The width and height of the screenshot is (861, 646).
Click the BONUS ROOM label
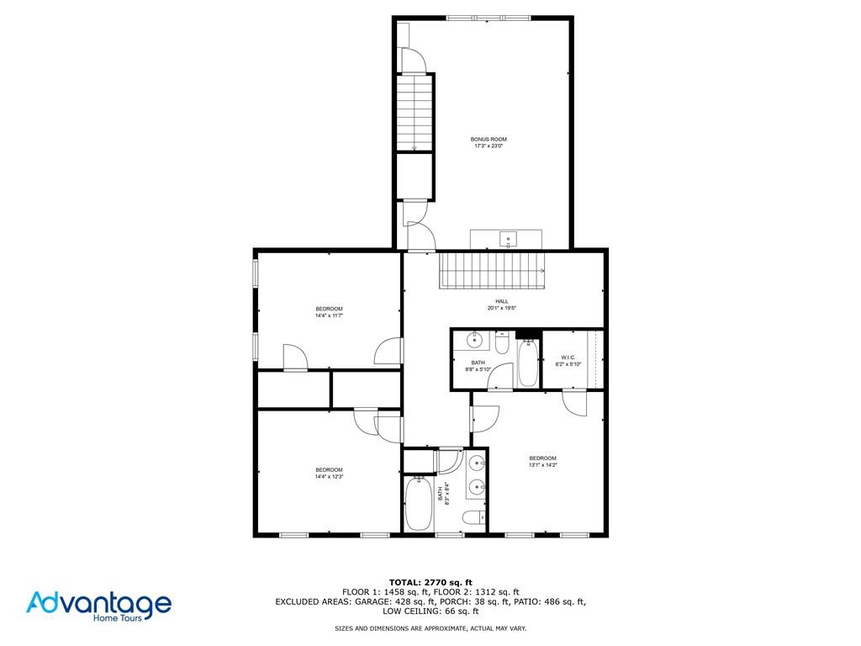[489, 139]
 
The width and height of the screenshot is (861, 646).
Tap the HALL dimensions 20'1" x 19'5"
[501, 308]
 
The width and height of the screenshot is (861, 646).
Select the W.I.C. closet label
[568, 357]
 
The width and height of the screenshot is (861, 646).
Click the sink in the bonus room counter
[509, 238]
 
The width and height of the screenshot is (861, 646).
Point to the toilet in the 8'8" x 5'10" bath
[502, 343]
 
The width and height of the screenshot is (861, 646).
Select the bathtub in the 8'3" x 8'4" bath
[418, 504]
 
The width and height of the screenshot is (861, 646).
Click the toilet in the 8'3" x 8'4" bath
[474, 517]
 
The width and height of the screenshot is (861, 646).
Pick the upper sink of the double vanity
[477, 462]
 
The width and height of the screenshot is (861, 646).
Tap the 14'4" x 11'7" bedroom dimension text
[329, 316]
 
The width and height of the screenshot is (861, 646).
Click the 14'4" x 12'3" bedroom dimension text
[329, 477]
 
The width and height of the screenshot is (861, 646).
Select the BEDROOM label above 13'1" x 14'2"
[542, 458]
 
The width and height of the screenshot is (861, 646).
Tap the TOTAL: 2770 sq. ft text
[430, 582]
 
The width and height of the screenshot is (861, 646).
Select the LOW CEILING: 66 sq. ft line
[430, 612]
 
